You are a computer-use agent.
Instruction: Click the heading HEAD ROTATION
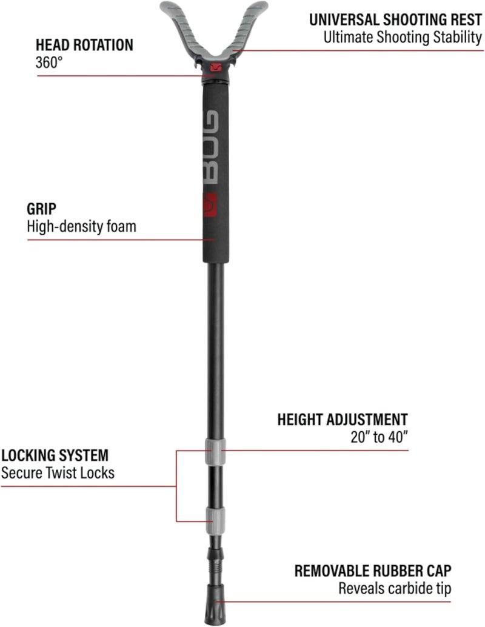click(84, 45)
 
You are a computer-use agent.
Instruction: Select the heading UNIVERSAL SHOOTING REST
click(396, 19)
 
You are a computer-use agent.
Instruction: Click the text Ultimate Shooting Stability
click(403, 37)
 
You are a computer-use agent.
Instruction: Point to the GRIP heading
click(42, 209)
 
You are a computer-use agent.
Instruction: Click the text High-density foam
click(82, 226)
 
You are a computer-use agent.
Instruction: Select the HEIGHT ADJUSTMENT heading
click(343, 420)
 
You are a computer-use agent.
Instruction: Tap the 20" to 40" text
click(380, 437)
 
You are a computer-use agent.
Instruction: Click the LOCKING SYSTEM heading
click(55, 455)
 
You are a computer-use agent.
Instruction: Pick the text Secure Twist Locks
click(58, 472)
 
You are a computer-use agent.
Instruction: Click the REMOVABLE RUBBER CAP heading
click(373, 571)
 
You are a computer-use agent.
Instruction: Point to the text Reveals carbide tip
click(395, 588)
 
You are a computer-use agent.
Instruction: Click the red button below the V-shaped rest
click(216, 67)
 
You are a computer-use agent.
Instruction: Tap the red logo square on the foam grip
click(210, 205)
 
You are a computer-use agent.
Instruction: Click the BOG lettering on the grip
click(210, 147)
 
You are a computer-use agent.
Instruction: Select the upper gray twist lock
click(215, 452)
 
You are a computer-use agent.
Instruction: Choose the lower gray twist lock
click(215, 520)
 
